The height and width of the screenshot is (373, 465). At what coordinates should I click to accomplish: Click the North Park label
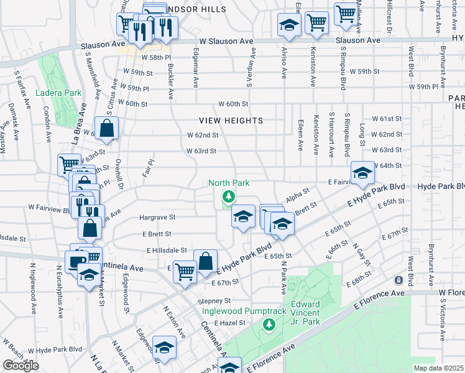[229, 183]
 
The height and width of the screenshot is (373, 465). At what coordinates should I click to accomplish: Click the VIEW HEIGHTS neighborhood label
[231, 121]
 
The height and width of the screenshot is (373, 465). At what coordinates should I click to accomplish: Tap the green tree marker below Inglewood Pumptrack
[269, 324]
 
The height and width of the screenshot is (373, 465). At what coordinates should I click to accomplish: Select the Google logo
[21, 366]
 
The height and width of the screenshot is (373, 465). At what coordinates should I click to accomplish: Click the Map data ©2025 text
[439, 368]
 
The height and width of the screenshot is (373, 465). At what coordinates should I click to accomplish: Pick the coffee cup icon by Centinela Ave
[77, 262]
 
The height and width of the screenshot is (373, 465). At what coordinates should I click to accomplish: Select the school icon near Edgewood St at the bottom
[165, 348]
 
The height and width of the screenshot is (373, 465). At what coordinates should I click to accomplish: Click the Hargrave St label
[159, 218]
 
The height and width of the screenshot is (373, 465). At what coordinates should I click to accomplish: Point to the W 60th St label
[233, 103]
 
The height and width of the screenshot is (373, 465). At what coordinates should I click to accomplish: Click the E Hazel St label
[230, 323]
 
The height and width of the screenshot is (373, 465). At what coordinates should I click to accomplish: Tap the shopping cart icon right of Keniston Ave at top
[345, 13]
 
